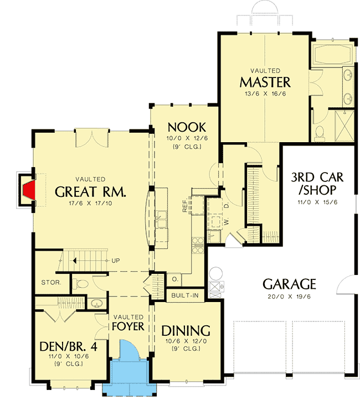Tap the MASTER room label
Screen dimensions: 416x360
click(x=265, y=82)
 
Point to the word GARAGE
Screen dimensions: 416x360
click(x=289, y=284)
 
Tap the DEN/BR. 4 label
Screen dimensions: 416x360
click(x=64, y=346)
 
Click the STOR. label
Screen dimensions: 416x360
click(x=52, y=283)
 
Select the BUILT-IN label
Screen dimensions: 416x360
click(x=185, y=295)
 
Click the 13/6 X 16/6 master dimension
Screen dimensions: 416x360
click(x=265, y=94)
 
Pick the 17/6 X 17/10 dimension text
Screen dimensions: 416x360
click(x=91, y=204)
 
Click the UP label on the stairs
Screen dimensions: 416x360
click(x=115, y=259)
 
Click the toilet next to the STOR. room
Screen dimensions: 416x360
click(x=81, y=284)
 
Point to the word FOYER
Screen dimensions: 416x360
click(x=128, y=326)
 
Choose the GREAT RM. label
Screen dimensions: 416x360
click(x=91, y=192)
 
